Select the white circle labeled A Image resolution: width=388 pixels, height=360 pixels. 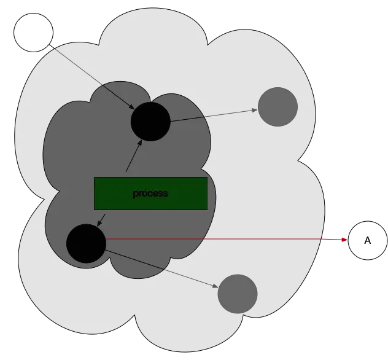click(368, 240)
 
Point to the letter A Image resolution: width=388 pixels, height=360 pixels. click(368, 241)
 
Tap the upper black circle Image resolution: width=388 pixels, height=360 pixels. click(150, 121)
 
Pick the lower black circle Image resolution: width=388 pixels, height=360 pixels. click(86, 243)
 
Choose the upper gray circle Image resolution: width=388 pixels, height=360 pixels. click(277, 107)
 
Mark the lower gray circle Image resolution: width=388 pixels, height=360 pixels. click(238, 294)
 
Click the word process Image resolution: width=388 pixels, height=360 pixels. click(150, 194)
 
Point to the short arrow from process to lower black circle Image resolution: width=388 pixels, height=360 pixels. click(102, 219)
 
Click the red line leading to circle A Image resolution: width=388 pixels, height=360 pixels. click(221, 240)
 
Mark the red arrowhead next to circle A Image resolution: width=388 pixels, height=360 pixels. click(343, 240)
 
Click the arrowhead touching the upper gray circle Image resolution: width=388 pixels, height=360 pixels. click(254, 111)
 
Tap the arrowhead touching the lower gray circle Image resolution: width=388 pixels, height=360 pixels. click(215, 286)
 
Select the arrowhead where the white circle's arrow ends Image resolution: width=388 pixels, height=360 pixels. click(132, 108)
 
